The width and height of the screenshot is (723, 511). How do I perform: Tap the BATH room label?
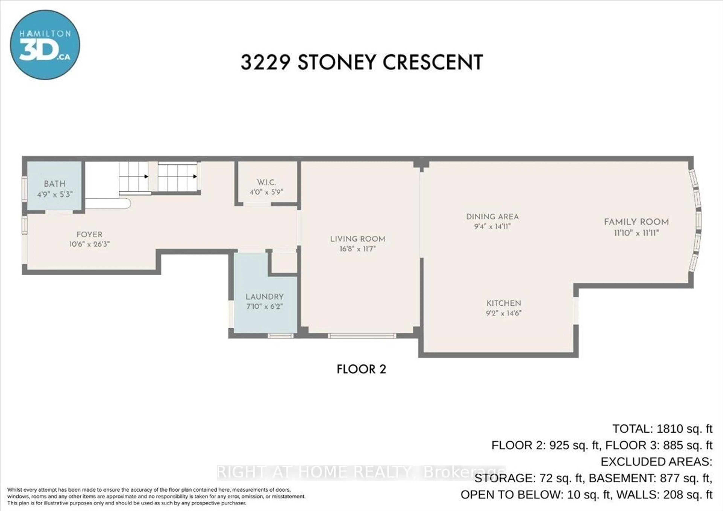coord(55,184)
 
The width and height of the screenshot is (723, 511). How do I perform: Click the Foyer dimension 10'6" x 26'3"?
coord(89,244)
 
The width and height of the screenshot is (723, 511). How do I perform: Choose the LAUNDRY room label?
coord(265,297)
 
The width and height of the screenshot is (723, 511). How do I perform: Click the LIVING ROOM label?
coord(358,239)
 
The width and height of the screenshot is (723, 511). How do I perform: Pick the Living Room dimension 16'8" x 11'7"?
coord(358,249)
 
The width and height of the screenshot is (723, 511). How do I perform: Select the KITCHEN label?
coord(504,303)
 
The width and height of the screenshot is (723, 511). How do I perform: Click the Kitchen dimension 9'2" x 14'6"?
coord(504,313)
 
